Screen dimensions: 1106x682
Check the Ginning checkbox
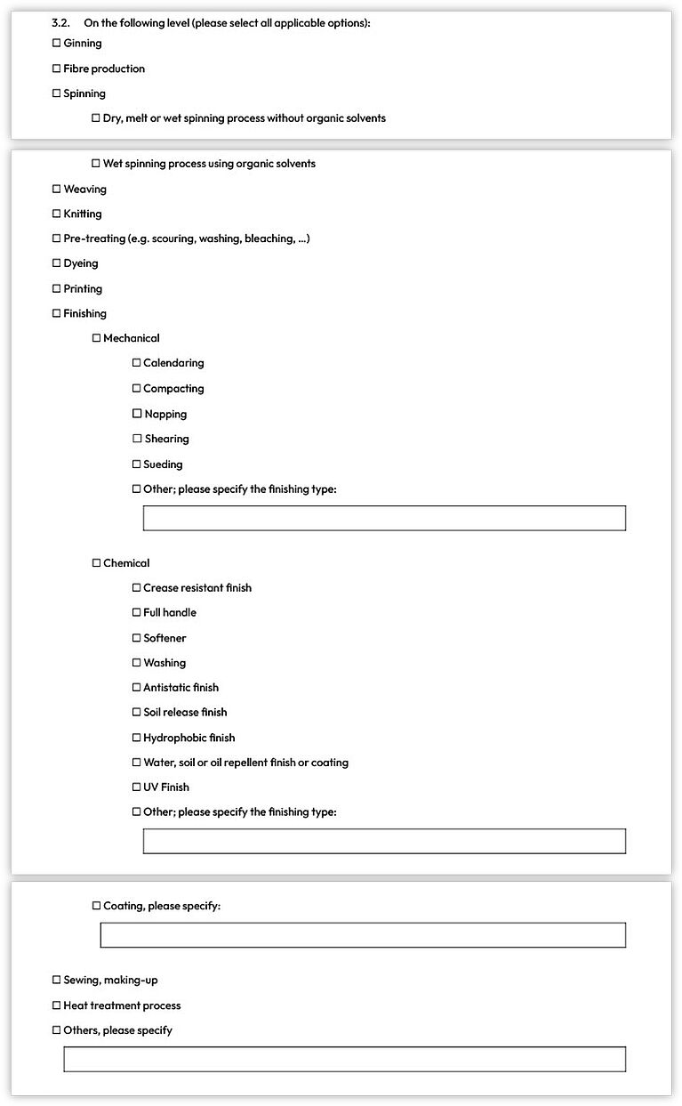click(x=57, y=44)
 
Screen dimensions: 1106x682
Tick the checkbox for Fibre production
click(x=57, y=69)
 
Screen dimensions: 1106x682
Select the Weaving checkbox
click(x=57, y=190)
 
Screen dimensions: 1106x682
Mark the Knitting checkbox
click(x=57, y=214)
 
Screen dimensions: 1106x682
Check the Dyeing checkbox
click(x=57, y=264)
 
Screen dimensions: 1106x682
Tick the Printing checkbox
click(x=57, y=289)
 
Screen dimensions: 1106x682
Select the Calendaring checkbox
click(x=137, y=363)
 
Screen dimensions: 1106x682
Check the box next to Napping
click(x=137, y=414)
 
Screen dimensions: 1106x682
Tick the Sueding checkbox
click(x=137, y=464)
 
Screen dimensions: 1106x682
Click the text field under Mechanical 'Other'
click(x=384, y=518)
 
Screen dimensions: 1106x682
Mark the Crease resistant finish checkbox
click(x=137, y=588)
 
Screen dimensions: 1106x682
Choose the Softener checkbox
click(x=137, y=638)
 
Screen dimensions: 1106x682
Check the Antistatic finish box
click(x=137, y=688)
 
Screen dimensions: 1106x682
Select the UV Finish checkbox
click(x=137, y=787)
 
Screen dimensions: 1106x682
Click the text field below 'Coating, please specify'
click(x=363, y=935)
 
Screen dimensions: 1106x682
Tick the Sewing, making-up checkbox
click(x=57, y=981)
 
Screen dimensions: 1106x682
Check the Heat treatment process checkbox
click(x=57, y=1005)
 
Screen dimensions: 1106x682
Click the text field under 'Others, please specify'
click(x=344, y=1059)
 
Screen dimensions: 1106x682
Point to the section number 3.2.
click(x=60, y=23)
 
